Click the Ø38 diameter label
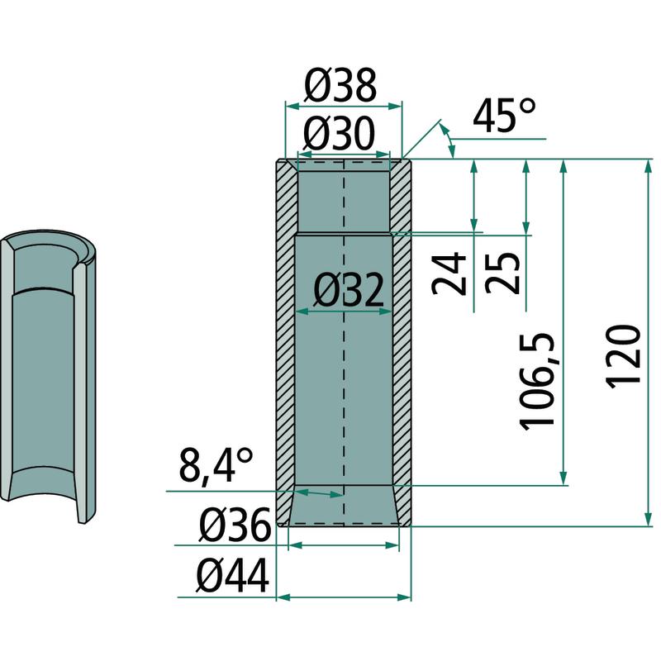point(340,86)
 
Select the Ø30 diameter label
point(339,134)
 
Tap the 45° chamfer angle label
point(504,115)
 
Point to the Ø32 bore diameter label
point(349,290)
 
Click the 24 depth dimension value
point(449,273)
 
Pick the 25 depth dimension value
point(502,273)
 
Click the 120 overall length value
point(623,355)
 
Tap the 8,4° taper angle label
point(216,467)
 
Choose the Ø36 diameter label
point(235,525)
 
